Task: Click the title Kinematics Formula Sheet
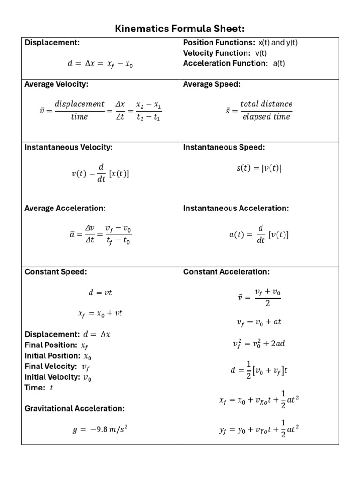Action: (180, 29)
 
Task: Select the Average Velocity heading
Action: (56, 84)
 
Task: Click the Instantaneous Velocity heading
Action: (68, 147)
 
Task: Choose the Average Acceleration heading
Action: (65, 208)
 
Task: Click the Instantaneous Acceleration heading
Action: (236, 208)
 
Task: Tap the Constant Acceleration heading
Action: (226, 272)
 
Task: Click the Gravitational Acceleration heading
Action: (75, 408)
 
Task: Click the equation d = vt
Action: (100, 293)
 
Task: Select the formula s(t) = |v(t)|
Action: (258, 168)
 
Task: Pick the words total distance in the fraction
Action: (266, 104)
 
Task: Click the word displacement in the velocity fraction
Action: (79, 104)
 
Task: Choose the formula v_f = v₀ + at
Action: (258, 322)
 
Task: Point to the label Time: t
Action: (39, 388)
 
